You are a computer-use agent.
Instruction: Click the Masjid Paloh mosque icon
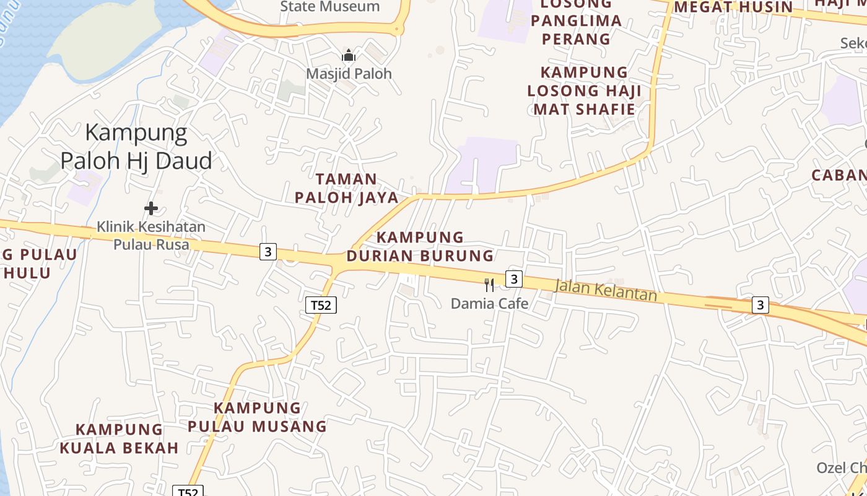(x=349, y=56)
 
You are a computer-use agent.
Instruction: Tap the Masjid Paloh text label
(x=349, y=74)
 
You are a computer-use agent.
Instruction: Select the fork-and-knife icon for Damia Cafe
(x=489, y=285)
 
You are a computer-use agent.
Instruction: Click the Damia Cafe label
(x=489, y=304)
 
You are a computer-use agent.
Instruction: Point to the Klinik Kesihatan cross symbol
(x=150, y=208)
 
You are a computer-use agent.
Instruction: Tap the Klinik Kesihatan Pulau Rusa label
(x=150, y=236)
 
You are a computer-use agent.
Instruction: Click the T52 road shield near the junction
(x=321, y=305)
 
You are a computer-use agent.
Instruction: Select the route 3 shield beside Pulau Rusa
(x=268, y=252)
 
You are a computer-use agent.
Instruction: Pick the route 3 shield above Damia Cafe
(x=513, y=279)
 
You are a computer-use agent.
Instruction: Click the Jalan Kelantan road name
(x=606, y=290)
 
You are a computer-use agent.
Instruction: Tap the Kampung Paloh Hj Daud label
(x=136, y=147)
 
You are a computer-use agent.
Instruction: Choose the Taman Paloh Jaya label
(x=346, y=188)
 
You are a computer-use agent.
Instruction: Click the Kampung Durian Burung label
(x=420, y=246)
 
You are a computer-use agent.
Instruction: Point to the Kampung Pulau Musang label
(x=258, y=417)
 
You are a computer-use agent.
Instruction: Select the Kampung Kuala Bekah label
(x=119, y=438)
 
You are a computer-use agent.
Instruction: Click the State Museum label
(x=330, y=7)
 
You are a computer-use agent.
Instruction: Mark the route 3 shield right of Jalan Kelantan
(x=760, y=305)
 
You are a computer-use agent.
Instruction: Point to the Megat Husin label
(x=733, y=7)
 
